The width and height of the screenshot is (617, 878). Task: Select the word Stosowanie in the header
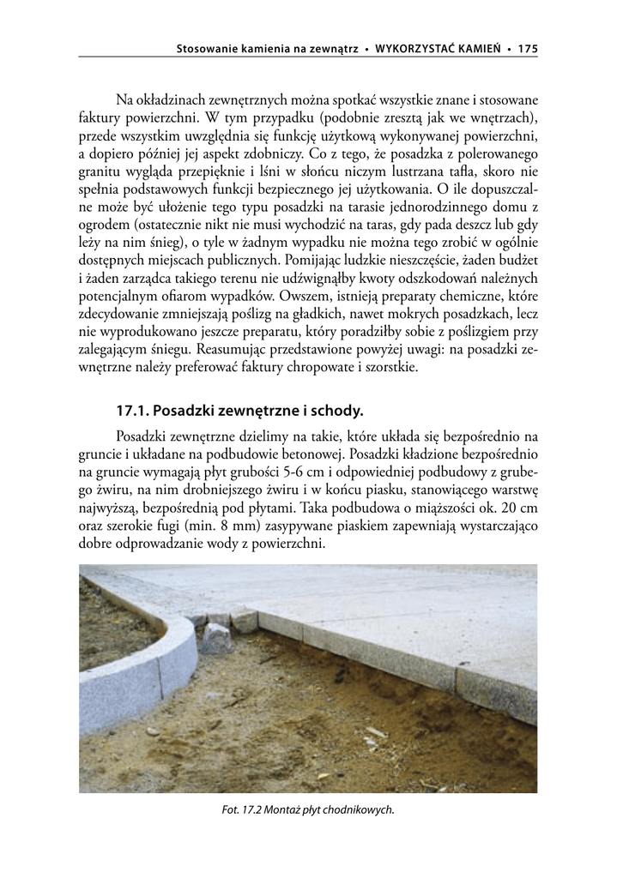click(205, 50)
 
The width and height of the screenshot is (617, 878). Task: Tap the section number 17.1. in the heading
click(134, 411)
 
